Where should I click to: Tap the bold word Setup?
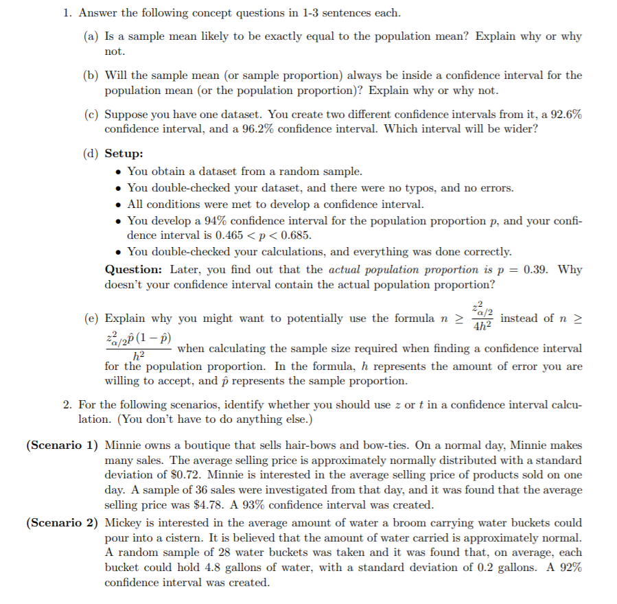(124, 154)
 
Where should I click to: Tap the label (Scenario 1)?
(62, 445)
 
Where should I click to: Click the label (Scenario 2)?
(62, 522)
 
